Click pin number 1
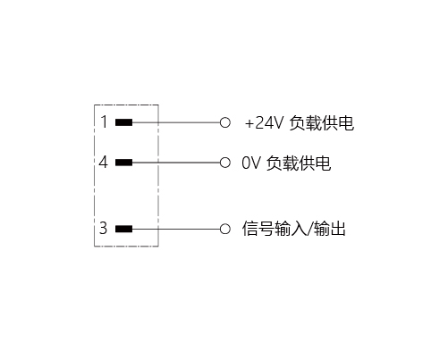click(104, 121)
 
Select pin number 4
click(103, 163)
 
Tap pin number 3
click(103, 228)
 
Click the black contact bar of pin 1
click(123, 122)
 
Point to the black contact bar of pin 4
click(123, 163)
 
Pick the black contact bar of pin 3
click(123, 229)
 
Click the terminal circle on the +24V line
click(225, 122)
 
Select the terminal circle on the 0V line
click(225, 163)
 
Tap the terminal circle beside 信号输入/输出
click(225, 229)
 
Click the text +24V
click(264, 122)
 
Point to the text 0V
click(251, 163)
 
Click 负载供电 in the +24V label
click(322, 122)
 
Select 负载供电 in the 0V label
click(299, 163)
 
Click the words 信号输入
click(274, 229)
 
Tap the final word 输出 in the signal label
click(330, 229)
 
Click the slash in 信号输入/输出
click(309, 229)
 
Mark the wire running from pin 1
click(176, 122)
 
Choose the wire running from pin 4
click(176, 163)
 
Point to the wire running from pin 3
click(176, 229)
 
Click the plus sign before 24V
click(249, 123)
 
